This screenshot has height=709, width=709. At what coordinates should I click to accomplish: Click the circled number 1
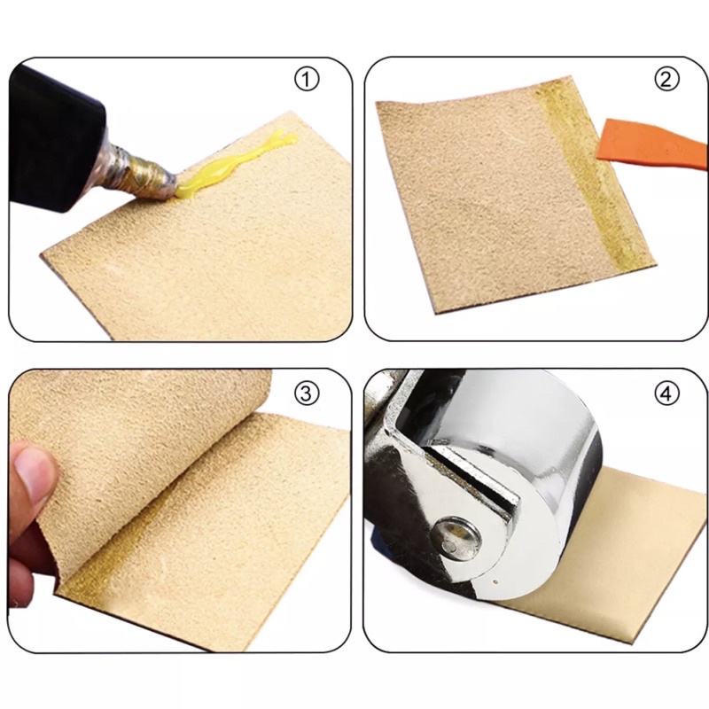coord(307,80)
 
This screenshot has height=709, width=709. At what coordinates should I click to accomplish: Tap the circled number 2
coord(666,80)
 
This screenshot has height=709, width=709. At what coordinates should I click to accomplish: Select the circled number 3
coord(306,393)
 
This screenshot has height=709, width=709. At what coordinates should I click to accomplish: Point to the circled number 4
coord(666,393)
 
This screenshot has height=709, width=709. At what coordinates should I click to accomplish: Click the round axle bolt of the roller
coord(455,537)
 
